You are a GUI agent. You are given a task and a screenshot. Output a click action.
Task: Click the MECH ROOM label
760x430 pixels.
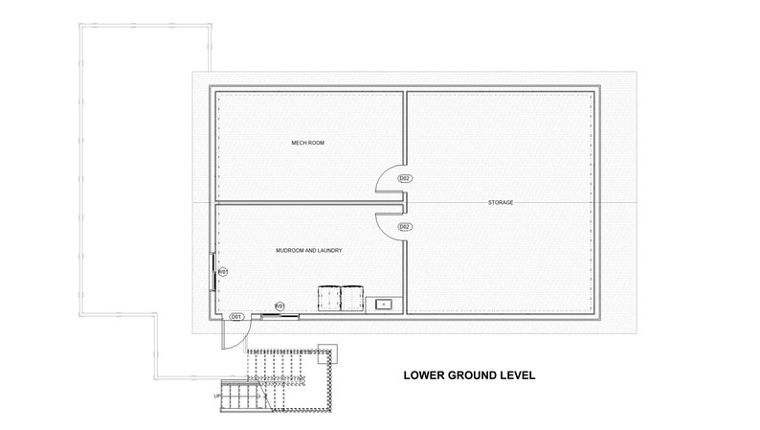point(308,143)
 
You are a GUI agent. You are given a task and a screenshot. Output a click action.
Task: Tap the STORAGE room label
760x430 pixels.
point(501,202)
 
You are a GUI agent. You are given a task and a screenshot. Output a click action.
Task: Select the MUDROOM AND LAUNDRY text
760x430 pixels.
point(308,250)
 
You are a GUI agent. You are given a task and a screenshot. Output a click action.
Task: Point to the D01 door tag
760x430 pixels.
point(236,316)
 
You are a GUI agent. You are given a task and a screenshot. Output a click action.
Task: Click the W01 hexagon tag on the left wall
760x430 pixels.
point(222,272)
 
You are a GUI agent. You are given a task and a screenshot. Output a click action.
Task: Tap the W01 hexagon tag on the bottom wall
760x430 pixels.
point(280,306)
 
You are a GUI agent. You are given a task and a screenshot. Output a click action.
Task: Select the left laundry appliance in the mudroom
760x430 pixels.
point(327,299)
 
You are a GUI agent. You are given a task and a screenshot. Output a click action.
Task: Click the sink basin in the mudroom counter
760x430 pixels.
point(382,304)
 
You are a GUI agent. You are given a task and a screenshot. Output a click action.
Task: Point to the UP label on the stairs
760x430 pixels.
point(218,396)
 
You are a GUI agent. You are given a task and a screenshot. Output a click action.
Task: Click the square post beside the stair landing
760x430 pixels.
point(327,351)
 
